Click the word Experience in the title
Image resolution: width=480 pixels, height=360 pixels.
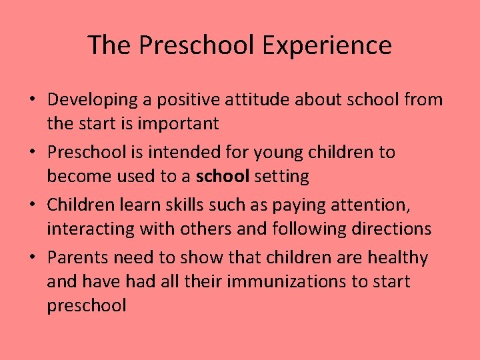pyautogui.click(x=327, y=45)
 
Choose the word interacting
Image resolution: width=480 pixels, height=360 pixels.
pyautogui.click(x=90, y=229)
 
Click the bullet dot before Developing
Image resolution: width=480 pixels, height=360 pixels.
pyautogui.click(x=31, y=101)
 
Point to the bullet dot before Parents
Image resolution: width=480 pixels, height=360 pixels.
pyautogui.click(x=31, y=258)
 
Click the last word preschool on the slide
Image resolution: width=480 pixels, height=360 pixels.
pyautogui.click(x=87, y=305)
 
